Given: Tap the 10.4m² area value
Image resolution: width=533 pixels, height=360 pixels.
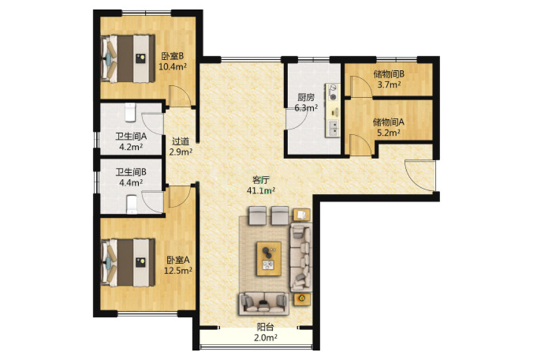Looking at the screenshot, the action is [173, 66].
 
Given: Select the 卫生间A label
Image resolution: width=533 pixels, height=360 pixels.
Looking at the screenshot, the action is [131, 136].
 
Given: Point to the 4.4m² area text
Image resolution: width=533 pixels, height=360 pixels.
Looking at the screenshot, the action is [131, 183].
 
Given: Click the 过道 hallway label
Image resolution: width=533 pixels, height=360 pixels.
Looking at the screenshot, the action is [180, 141].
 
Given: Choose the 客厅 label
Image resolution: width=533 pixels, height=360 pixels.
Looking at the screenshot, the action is [261, 179].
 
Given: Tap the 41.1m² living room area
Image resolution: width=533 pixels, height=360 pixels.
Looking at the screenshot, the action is [261, 191].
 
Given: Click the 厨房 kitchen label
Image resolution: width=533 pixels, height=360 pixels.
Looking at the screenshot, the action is [306, 97].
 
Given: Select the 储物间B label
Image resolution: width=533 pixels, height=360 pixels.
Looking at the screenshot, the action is [389, 74].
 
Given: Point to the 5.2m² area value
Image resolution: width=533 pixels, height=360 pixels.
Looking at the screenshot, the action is [389, 132].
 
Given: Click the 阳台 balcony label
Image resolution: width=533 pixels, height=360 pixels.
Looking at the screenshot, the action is [266, 327].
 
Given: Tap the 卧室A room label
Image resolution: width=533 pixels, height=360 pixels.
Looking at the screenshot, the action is [178, 260].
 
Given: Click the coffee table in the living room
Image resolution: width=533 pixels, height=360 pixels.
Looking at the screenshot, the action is [269, 259].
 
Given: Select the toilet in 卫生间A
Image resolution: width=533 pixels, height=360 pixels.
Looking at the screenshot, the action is [130, 113].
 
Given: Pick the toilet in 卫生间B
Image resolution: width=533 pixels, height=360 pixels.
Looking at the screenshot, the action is [132, 204].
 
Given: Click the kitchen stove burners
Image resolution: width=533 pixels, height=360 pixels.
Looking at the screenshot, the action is [333, 92].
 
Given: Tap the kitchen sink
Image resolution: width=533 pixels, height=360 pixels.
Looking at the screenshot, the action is [333, 128].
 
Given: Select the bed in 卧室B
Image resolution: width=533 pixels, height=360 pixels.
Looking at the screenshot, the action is [129, 58].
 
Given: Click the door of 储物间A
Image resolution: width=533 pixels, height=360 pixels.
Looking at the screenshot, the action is [360, 145].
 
